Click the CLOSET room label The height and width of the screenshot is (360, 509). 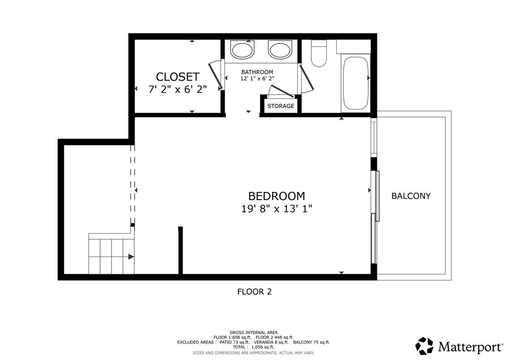pyautogui.click(x=177, y=77)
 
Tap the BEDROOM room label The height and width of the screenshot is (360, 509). pyautogui.click(x=277, y=196)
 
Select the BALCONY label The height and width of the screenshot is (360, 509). pyautogui.click(x=411, y=196)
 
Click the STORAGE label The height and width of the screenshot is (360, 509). pyautogui.click(x=280, y=106)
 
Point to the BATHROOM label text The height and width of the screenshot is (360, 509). pyautogui.click(x=257, y=72)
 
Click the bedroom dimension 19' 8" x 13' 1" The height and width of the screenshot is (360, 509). pyautogui.click(x=277, y=209)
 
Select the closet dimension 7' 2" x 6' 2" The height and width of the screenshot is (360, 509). pyautogui.click(x=177, y=89)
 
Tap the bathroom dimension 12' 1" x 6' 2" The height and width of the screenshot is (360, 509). pyautogui.click(x=257, y=78)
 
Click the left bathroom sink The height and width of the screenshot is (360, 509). pyautogui.click(x=243, y=50)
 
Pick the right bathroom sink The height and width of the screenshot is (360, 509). pyautogui.click(x=280, y=50)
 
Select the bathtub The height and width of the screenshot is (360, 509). pyautogui.click(x=355, y=83)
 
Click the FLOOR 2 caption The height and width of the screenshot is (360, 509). pyautogui.click(x=254, y=292)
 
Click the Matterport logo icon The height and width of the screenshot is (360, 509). pyautogui.click(x=424, y=346)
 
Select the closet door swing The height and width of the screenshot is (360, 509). pyautogui.click(x=216, y=75)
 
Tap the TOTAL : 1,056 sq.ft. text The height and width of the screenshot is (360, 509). pyautogui.click(x=254, y=347)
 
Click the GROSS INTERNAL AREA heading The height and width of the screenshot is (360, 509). pyautogui.click(x=254, y=332)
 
